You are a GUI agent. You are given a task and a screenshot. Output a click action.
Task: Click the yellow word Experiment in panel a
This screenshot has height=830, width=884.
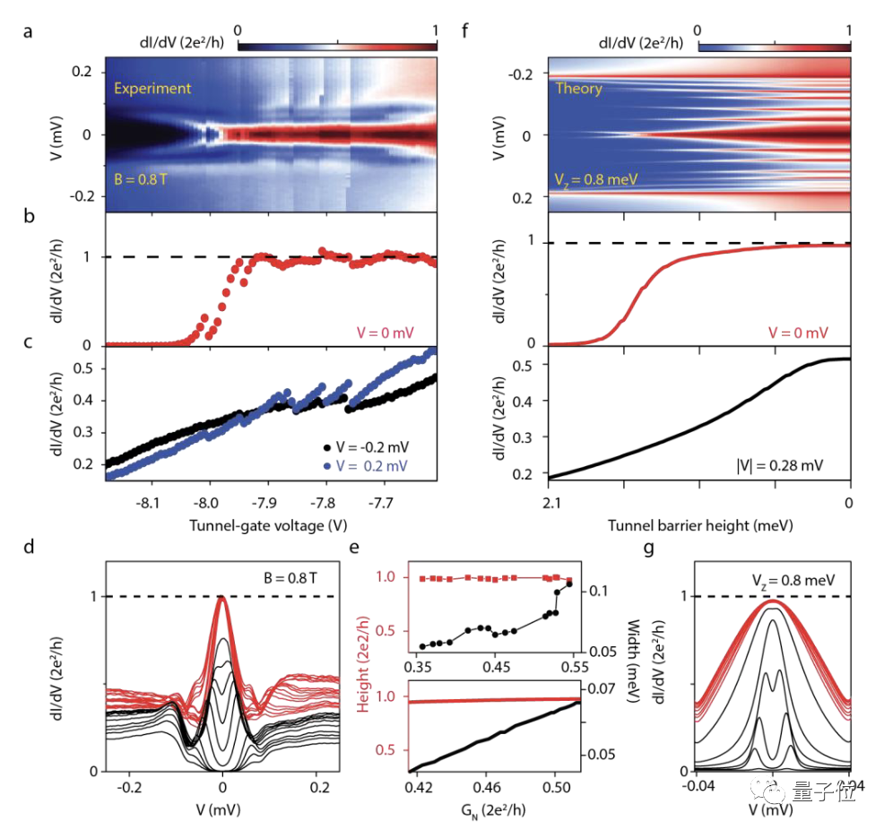point(152,88)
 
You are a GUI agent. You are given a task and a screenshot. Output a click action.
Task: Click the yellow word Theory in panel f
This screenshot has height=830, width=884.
point(579,88)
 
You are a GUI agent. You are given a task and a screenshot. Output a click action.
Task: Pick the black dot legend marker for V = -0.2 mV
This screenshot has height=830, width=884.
point(328,445)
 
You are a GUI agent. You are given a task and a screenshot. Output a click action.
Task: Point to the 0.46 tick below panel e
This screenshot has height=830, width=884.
point(486,790)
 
